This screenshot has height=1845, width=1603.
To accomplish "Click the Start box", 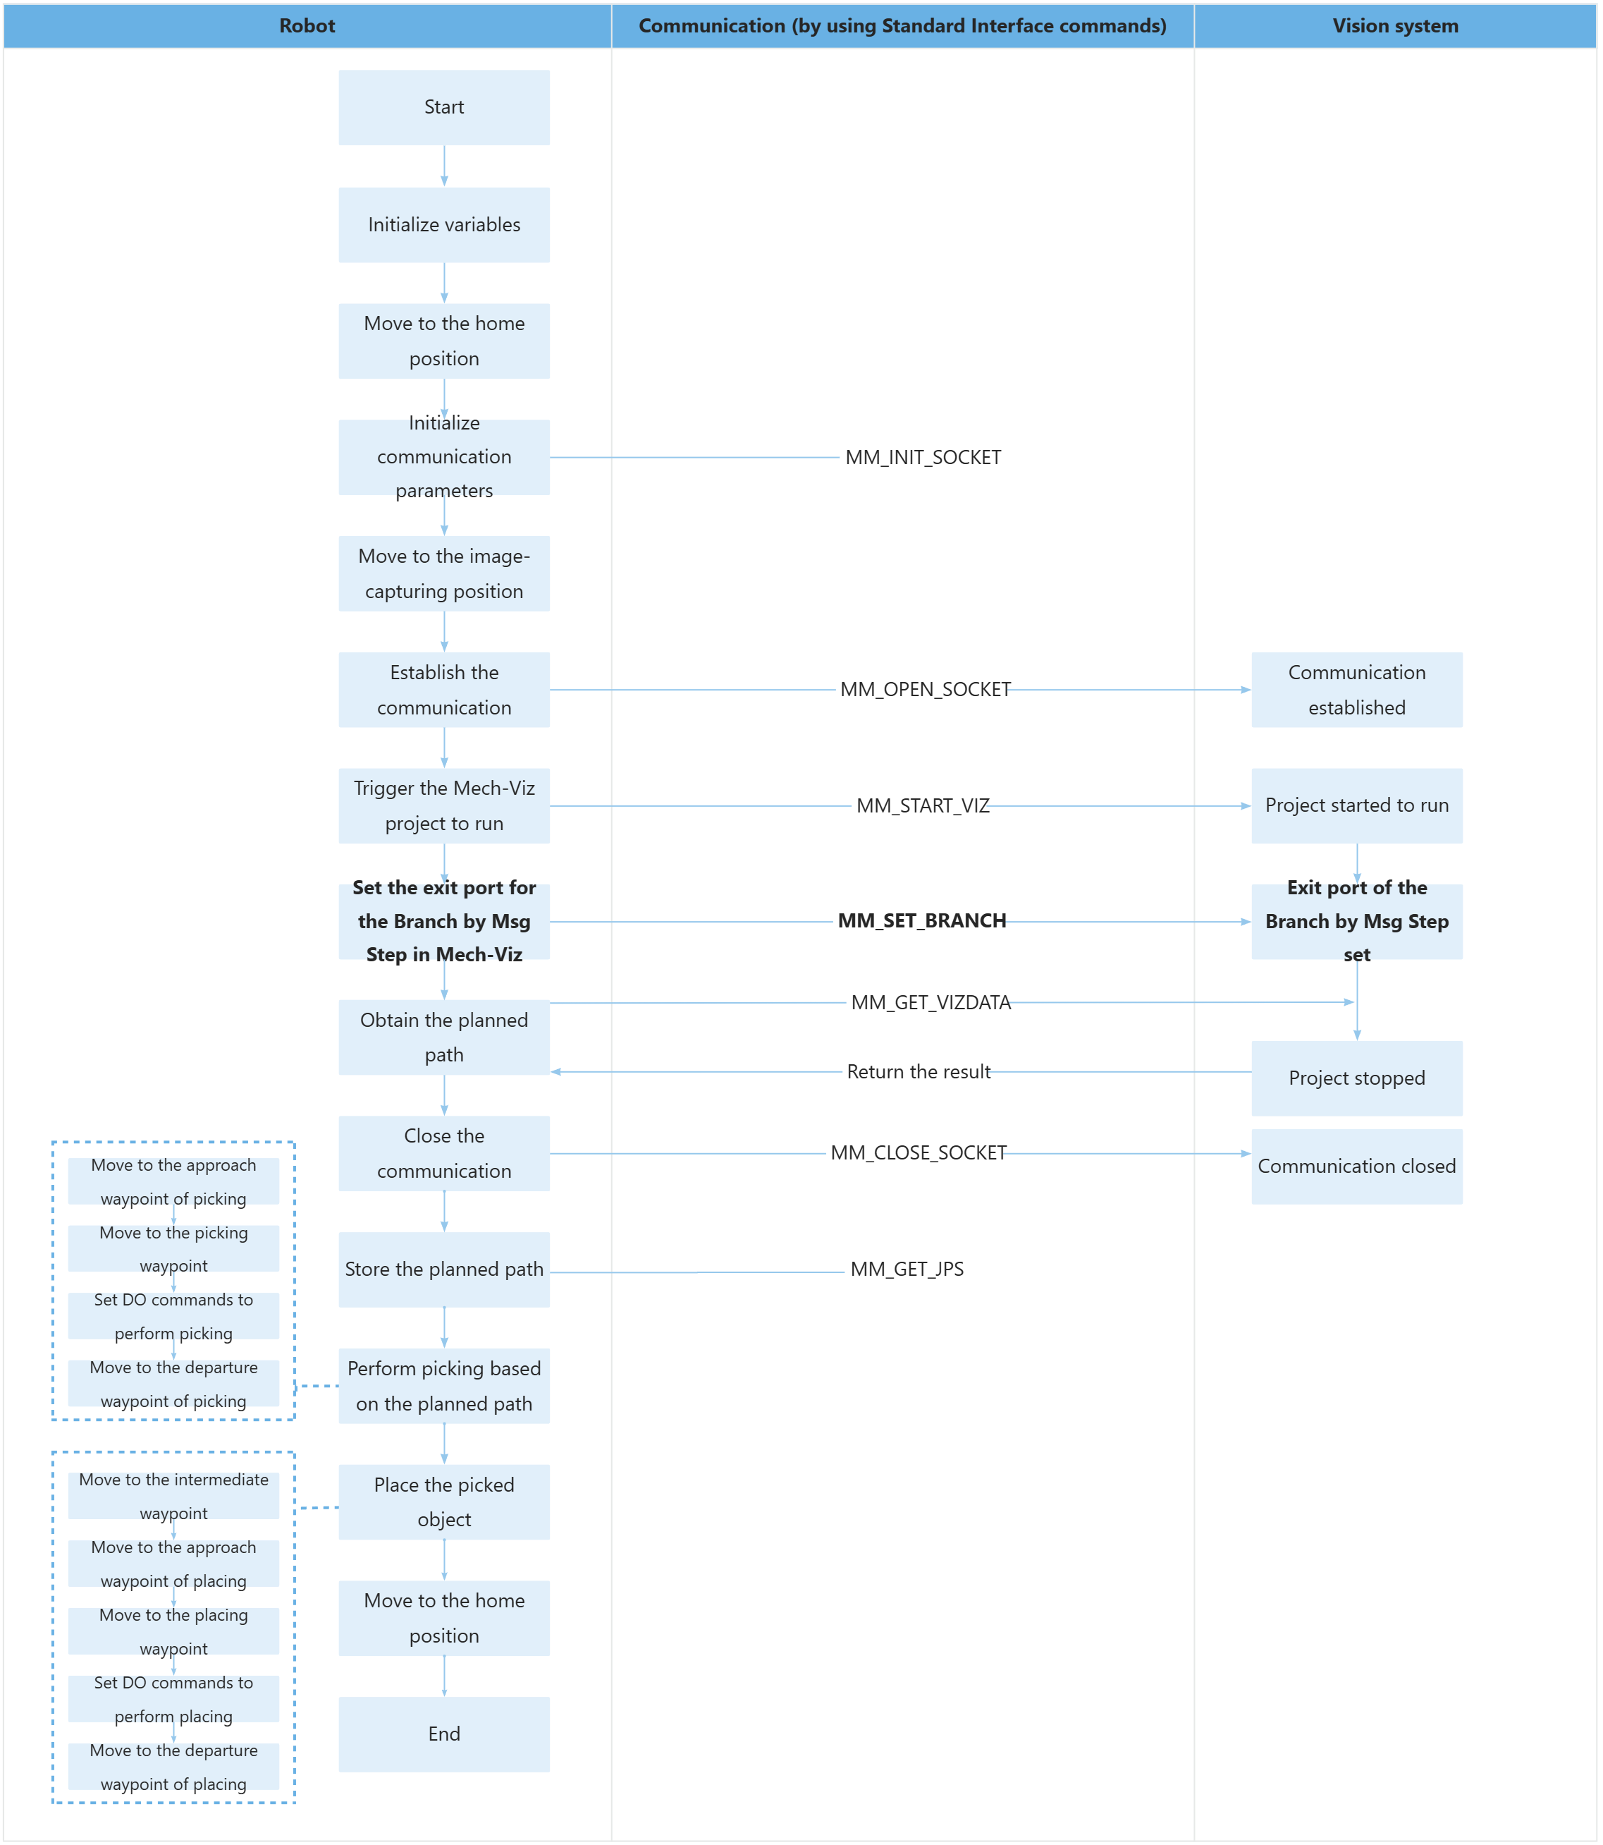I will [443, 107].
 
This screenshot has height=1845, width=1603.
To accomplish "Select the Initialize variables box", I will [443, 224].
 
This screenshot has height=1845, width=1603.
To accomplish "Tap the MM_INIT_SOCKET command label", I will [923, 457].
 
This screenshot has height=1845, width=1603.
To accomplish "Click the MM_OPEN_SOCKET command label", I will [925, 690].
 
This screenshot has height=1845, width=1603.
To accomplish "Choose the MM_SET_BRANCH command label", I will [921, 922].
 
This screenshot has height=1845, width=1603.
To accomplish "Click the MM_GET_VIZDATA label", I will [931, 1002].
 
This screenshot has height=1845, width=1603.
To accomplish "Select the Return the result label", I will [918, 1072].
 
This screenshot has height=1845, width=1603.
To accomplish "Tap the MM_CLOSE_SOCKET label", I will [918, 1153].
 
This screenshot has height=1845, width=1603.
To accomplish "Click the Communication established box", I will [1356, 690].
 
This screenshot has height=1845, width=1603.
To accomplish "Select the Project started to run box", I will [1356, 805].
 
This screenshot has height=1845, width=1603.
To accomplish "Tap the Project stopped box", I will [1356, 1078].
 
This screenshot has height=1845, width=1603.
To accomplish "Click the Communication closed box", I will [1356, 1167].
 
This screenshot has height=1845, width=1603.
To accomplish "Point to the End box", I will [443, 1734].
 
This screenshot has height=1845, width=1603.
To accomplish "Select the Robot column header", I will [307, 26].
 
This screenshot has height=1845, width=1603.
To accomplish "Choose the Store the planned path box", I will [443, 1269].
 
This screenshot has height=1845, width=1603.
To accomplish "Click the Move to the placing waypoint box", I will [173, 1631].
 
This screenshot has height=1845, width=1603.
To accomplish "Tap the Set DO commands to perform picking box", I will [173, 1316].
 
